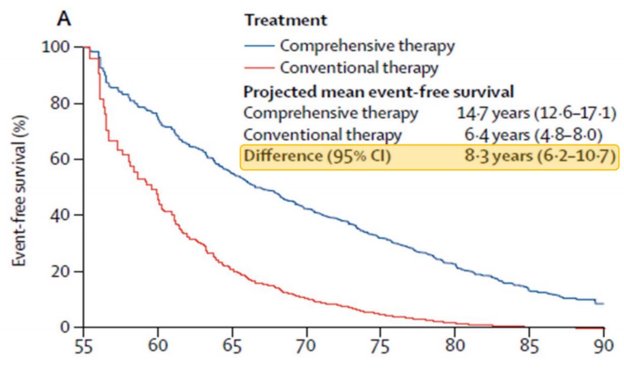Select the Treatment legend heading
coord(286,21)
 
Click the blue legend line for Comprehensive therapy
coord(259,46)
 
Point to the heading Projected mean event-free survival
coord(379,91)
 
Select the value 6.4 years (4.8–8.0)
coord(534,135)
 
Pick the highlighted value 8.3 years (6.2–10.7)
coord(534,156)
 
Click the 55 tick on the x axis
coord(83,345)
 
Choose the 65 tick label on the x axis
coord(232,345)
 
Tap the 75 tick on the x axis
coord(381,345)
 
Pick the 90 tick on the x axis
coord(603,345)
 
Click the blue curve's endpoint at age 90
coord(602,303)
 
